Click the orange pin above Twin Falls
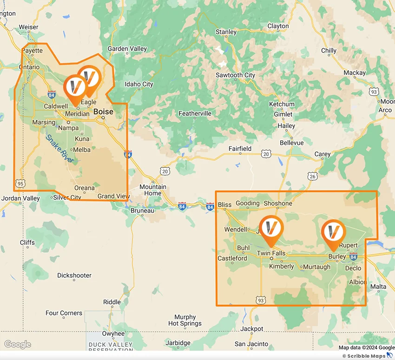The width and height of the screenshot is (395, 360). click(271, 229)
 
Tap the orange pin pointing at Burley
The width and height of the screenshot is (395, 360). click(333, 232)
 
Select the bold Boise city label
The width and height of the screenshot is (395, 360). click(103, 111)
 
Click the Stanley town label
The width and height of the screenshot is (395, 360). click(226, 32)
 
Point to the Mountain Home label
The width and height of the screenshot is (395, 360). click(153, 190)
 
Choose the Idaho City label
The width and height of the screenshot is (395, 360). click(139, 84)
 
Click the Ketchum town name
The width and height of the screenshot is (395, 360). click(282, 104)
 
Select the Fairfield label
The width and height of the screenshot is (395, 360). click(240, 149)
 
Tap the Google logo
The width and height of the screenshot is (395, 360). click(18, 345)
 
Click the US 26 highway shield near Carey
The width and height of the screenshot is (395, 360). click(312, 176)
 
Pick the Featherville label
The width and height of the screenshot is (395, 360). click(195, 113)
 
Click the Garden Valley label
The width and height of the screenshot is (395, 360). click(127, 49)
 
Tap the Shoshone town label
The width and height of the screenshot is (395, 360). click(278, 203)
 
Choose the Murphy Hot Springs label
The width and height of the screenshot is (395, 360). click(185, 320)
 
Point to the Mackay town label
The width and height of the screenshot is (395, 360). click(355, 73)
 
